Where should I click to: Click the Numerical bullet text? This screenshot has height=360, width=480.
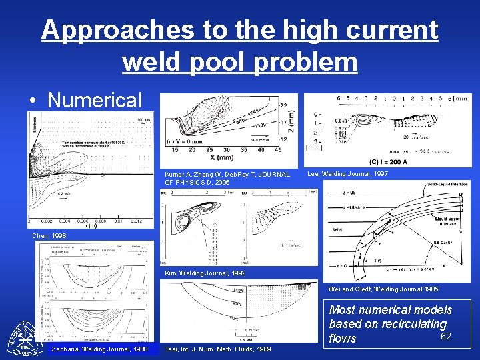(95, 99)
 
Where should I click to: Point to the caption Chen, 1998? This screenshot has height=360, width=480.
(49, 235)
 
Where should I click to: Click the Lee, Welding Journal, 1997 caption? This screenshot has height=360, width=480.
(348, 174)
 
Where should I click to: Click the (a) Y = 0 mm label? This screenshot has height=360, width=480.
(183, 141)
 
